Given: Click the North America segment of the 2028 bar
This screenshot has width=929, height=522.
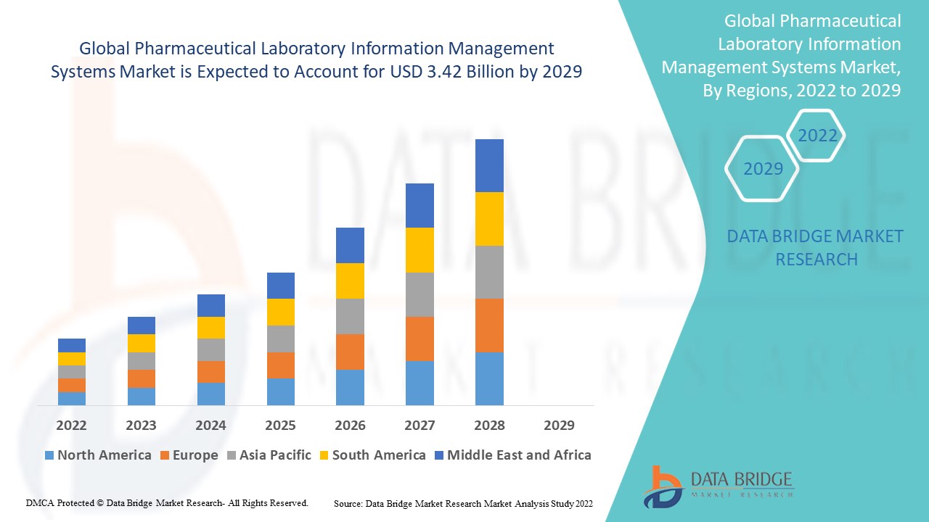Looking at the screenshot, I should (x=489, y=378).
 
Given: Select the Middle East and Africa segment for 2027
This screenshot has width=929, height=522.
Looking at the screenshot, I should (x=420, y=205).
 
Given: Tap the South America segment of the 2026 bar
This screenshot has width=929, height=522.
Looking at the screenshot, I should (x=350, y=281).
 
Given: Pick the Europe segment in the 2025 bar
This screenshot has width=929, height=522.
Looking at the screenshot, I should (x=280, y=365).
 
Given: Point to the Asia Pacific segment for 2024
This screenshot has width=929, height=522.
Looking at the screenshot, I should (x=210, y=349).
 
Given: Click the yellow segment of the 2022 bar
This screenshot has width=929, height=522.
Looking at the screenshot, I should (x=72, y=359).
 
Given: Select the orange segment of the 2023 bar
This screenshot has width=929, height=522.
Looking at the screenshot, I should (x=142, y=378).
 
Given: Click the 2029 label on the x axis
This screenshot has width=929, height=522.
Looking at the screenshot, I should (x=559, y=425).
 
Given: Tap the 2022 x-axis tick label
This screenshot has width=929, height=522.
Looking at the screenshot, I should (x=72, y=425).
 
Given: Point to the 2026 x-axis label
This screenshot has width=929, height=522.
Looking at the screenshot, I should (x=350, y=425).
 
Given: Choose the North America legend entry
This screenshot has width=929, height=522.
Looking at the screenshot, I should (x=98, y=455).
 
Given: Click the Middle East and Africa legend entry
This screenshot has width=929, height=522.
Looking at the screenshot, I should (x=512, y=455).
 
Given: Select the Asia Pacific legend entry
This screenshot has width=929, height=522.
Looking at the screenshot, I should (x=269, y=455).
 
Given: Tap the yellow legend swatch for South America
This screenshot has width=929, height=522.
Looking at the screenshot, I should (x=324, y=455).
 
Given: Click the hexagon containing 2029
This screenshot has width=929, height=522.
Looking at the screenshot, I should (x=763, y=169).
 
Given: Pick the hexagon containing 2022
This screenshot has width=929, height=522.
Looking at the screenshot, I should (x=817, y=136).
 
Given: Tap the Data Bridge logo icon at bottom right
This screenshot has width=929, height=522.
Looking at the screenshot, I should (x=662, y=486).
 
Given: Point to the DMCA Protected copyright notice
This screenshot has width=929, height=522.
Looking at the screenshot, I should (x=167, y=502).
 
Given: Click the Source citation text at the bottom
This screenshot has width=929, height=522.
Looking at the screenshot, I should (x=463, y=503).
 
